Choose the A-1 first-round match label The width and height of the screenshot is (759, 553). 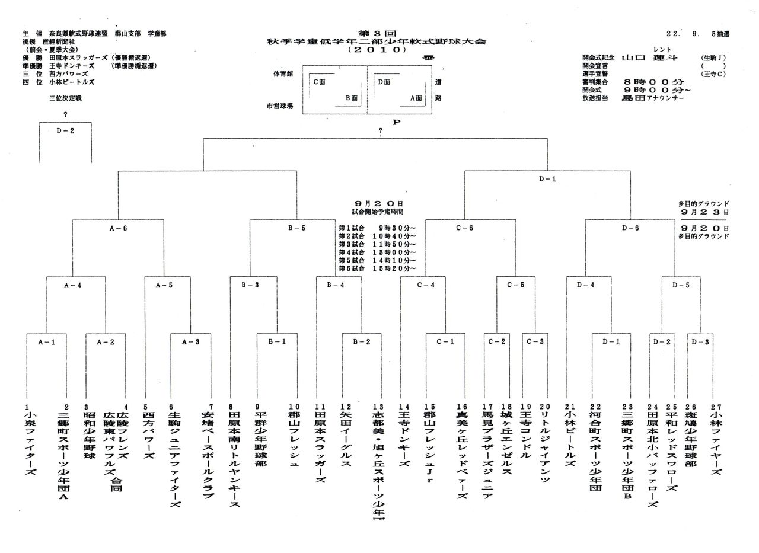point(47,341)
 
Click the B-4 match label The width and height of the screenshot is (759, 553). point(336,285)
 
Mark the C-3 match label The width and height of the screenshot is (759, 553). point(535,341)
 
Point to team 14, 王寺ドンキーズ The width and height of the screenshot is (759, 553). point(404,439)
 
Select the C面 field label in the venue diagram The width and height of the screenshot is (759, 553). point(319,82)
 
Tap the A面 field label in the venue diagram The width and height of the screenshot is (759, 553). point(415,98)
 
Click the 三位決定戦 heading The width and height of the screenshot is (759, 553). point(65,98)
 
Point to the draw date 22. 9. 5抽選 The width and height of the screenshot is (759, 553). point(697,34)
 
